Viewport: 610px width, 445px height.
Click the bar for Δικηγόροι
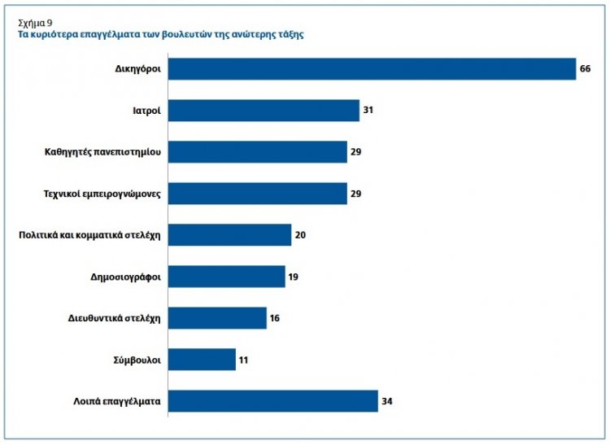tap(372, 69)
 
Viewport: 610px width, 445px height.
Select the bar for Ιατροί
tap(264, 111)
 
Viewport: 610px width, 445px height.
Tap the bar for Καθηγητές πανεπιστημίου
tap(257, 152)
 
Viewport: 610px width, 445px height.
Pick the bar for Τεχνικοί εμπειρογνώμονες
tap(257, 194)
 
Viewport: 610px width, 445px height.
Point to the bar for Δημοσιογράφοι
tap(226, 277)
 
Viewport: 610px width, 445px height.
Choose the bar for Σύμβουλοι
tap(202, 360)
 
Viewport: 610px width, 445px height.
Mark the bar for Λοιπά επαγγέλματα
tap(272, 401)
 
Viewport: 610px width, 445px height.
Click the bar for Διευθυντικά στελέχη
tap(217, 318)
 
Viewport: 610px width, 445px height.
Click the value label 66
tap(585, 69)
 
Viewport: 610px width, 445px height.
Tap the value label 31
tap(368, 111)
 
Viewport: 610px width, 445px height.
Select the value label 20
tap(299, 235)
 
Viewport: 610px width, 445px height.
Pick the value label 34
tap(386, 401)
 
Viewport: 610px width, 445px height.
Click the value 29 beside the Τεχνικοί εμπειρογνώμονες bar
tap(355, 194)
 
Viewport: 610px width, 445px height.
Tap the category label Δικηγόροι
tap(137, 69)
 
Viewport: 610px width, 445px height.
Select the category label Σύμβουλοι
tap(137, 360)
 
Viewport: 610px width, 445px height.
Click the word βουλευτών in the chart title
tap(186, 36)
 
